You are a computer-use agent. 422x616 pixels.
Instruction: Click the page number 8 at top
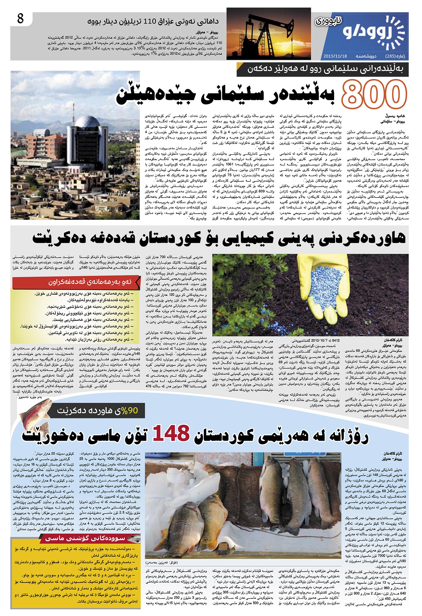[20, 19]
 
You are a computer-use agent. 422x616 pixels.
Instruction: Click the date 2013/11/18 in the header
[335, 56]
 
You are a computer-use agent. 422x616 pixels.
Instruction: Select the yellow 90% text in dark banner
[129, 411]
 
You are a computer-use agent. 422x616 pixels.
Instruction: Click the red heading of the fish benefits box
[85, 538]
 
